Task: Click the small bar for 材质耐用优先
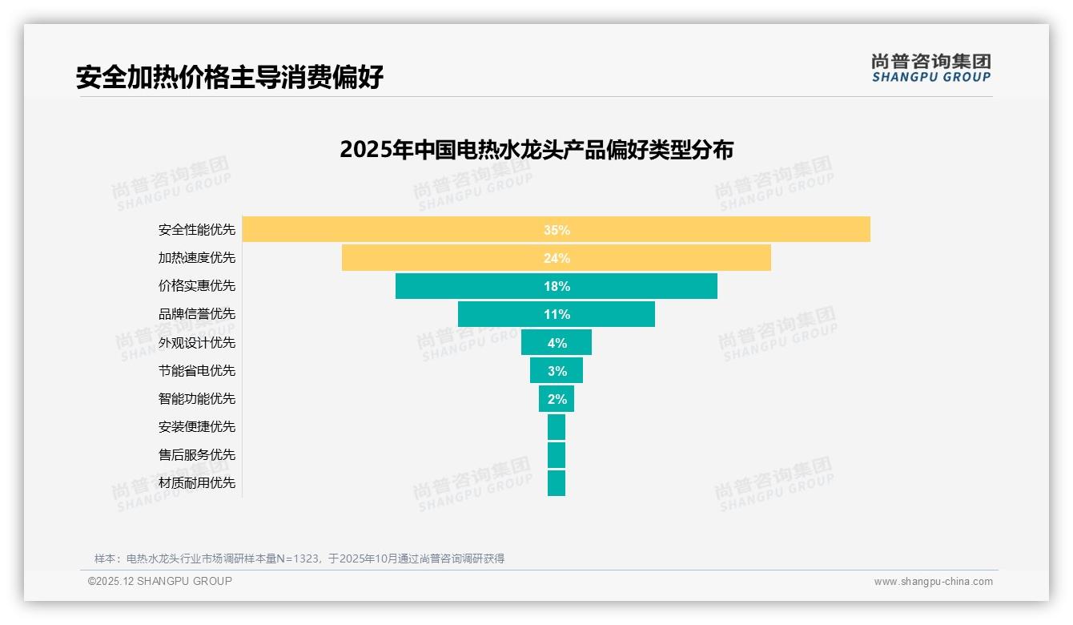click(557, 483)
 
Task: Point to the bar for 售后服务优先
click(557, 455)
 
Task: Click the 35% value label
click(557, 230)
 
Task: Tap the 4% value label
click(557, 343)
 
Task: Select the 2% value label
click(557, 399)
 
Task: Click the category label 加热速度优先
click(197, 258)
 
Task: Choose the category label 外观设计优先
click(197, 343)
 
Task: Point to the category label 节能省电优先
click(197, 371)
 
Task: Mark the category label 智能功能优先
click(197, 399)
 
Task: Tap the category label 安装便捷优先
click(197, 427)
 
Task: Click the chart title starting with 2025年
click(536, 150)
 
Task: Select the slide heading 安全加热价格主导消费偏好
click(230, 77)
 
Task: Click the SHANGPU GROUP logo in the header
click(930, 68)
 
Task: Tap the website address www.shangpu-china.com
click(933, 582)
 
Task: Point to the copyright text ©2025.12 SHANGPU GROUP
click(160, 581)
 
